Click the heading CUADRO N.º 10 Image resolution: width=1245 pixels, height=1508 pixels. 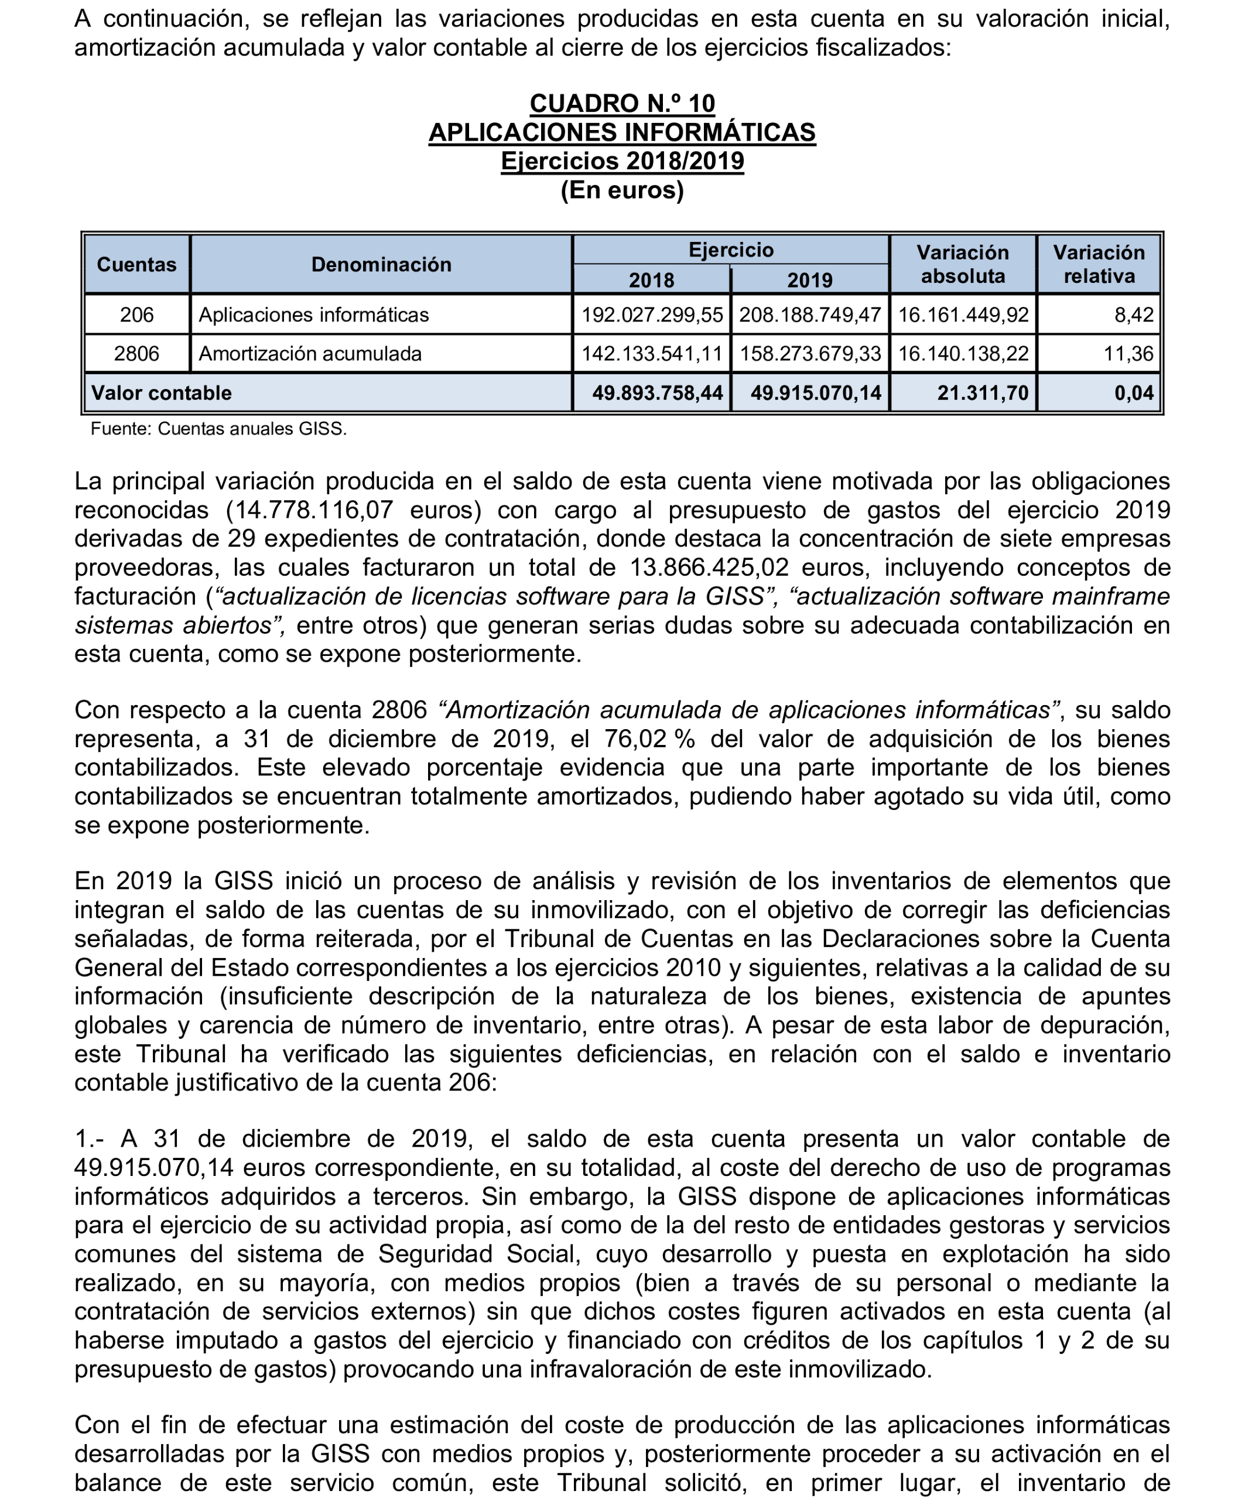click(622, 104)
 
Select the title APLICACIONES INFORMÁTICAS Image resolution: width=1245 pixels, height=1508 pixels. click(622, 133)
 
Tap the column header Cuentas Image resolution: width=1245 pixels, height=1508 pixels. click(136, 265)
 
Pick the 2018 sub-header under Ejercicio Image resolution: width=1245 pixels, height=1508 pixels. click(651, 280)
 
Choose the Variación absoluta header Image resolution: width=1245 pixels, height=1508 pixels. click(962, 265)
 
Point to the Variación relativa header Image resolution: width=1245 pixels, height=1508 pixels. click(1099, 265)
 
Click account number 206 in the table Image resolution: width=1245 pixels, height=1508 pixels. click(136, 315)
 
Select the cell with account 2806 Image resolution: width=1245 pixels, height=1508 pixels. click(136, 354)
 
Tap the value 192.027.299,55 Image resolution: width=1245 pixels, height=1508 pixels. click(652, 315)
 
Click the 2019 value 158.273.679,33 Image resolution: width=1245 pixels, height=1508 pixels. click(810, 354)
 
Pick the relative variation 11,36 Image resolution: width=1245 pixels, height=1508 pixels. click(1129, 354)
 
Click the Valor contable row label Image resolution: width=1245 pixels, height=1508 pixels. click(162, 393)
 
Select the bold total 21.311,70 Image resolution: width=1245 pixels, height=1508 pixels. click(983, 393)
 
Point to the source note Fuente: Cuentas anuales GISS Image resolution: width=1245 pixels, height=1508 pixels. click(219, 429)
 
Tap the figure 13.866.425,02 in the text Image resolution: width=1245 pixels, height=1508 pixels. click(709, 568)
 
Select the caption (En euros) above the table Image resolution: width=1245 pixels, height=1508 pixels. click(622, 190)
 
